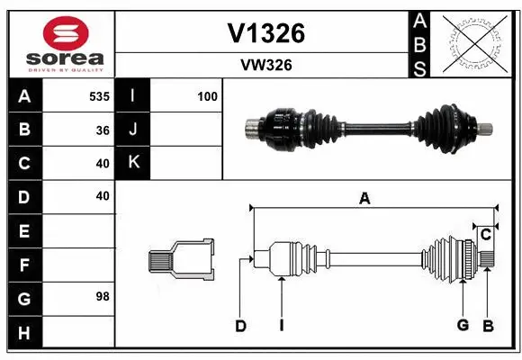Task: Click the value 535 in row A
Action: tap(99, 95)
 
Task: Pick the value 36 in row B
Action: tap(103, 130)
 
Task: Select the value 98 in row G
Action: tap(102, 296)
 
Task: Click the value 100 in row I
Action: tap(208, 95)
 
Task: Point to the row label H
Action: tap(23, 332)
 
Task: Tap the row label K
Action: tap(133, 163)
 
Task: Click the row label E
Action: tap(23, 231)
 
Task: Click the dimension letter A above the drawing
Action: tap(364, 199)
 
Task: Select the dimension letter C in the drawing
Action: tap(485, 235)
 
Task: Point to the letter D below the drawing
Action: tap(241, 326)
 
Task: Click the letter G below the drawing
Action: tap(462, 325)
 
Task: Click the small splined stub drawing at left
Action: tap(181, 259)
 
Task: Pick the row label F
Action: tap(23, 265)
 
